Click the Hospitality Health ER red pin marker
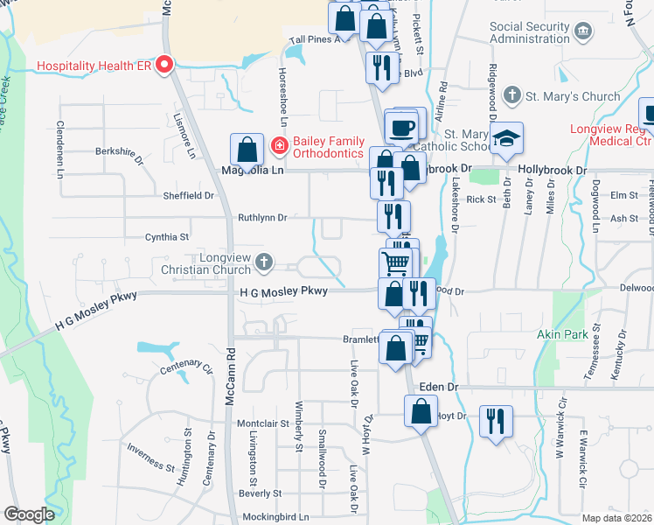(x=163, y=66)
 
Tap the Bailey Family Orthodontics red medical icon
(x=279, y=144)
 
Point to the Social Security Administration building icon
(x=583, y=32)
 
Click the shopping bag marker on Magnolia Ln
(x=247, y=150)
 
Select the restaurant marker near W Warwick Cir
(x=497, y=421)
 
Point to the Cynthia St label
(x=167, y=237)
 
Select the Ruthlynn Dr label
(x=262, y=217)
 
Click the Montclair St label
(x=263, y=423)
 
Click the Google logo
(x=30, y=514)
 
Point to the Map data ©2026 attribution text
(x=616, y=518)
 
